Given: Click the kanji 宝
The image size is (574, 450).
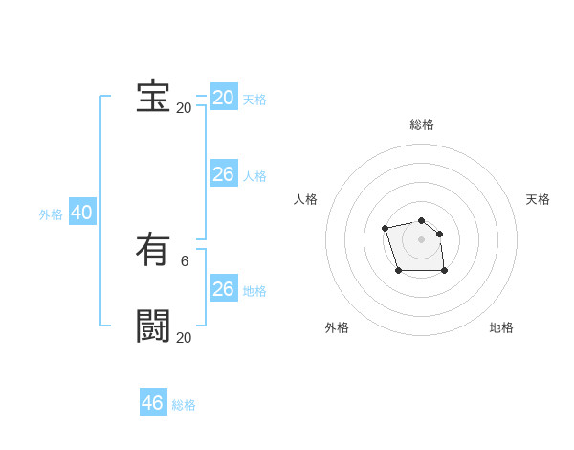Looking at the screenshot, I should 153,97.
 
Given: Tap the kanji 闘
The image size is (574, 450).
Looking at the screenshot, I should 153,326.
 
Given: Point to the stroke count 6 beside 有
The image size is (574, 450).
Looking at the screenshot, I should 185,260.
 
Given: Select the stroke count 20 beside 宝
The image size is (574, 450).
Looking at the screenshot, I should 184,107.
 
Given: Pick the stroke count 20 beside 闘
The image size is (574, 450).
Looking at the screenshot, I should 184,337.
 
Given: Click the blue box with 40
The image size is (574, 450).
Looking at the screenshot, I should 81,213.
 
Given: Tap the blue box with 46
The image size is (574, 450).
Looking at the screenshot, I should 153,403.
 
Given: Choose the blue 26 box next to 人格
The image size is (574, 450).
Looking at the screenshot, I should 224,174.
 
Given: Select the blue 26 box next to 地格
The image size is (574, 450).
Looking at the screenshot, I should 224,289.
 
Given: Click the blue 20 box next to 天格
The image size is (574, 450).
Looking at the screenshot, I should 224,98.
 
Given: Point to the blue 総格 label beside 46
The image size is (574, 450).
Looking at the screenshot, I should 184,405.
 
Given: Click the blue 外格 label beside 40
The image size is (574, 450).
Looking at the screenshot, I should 51,214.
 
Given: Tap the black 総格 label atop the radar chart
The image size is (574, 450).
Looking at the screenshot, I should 422,124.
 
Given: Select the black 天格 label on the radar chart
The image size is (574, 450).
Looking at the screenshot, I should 538,199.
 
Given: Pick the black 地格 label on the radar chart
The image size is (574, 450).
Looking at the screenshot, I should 501,327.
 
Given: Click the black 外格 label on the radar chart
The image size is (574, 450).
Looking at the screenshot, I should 337,327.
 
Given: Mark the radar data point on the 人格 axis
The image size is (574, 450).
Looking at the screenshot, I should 385,228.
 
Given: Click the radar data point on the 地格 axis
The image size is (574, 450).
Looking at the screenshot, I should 445,271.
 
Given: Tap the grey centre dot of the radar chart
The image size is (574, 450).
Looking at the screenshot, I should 421,239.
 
